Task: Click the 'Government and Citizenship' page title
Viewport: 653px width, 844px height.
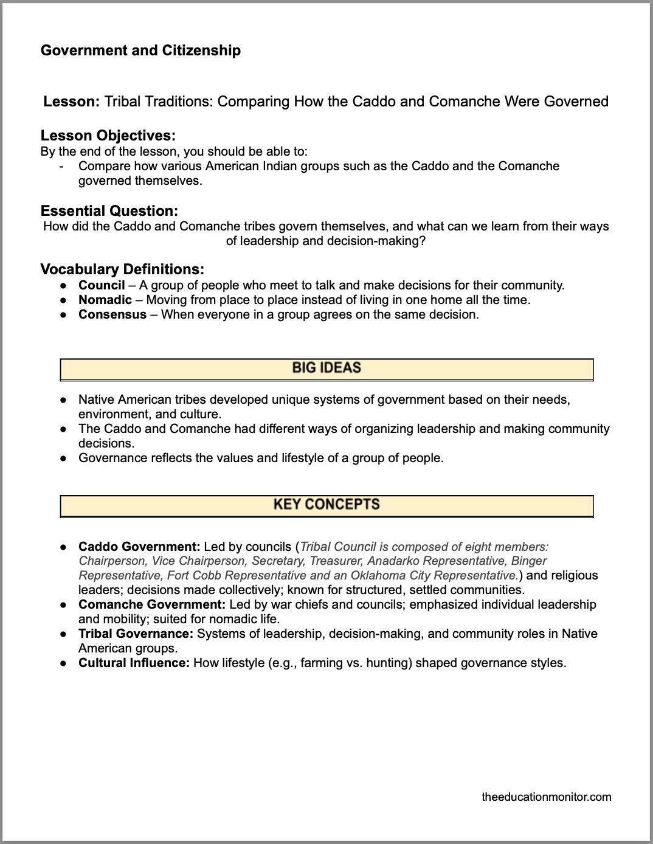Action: (140, 50)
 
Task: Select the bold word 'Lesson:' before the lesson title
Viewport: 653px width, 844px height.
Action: (71, 102)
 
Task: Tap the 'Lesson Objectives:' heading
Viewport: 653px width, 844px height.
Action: (108, 136)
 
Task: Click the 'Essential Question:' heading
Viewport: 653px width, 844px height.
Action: (109, 211)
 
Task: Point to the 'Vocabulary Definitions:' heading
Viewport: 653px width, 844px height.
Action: (122, 269)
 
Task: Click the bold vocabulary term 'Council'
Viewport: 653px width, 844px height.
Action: (102, 285)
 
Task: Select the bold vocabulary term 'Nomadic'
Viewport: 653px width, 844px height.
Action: (105, 300)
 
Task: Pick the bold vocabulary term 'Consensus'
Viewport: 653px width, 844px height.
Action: (112, 314)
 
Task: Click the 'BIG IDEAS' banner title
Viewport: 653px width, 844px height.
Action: (326, 368)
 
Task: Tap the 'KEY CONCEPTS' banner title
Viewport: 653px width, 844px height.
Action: (326, 505)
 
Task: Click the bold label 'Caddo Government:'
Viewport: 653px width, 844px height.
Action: (139, 546)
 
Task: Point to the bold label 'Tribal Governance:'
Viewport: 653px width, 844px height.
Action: (136, 634)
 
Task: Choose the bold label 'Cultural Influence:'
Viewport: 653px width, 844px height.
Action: (134, 663)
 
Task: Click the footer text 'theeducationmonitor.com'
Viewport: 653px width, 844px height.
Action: (546, 797)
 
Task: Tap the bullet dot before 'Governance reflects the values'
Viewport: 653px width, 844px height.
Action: (63, 458)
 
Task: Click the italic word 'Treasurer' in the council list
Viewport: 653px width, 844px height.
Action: (336, 561)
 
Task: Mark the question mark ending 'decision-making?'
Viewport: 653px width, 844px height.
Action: (422, 241)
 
